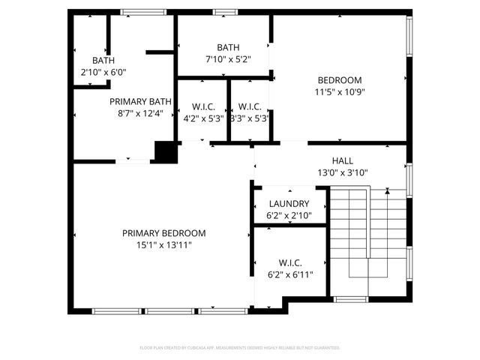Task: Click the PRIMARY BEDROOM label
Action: [163, 233]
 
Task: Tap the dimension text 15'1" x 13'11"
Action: [163, 245]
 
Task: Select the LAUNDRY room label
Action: [289, 204]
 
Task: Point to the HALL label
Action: [342, 160]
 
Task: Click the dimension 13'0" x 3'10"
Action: [342, 172]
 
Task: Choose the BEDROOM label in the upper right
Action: [339, 80]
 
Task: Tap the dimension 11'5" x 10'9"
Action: [339, 92]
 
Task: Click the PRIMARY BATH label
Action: [140, 101]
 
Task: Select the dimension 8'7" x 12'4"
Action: [140, 113]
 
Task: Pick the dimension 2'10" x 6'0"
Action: [103, 73]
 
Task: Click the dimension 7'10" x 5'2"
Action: [227, 58]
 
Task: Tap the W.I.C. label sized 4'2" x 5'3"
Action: [203, 106]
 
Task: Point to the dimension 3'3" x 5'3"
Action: [249, 118]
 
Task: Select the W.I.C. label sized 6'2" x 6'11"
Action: [289, 262]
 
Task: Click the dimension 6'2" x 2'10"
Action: [289, 216]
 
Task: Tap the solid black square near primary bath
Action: [165, 151]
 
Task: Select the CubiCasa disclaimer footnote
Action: [240, 348]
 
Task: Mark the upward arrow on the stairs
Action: [387, 193]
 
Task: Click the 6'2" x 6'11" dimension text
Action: [289, 274]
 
